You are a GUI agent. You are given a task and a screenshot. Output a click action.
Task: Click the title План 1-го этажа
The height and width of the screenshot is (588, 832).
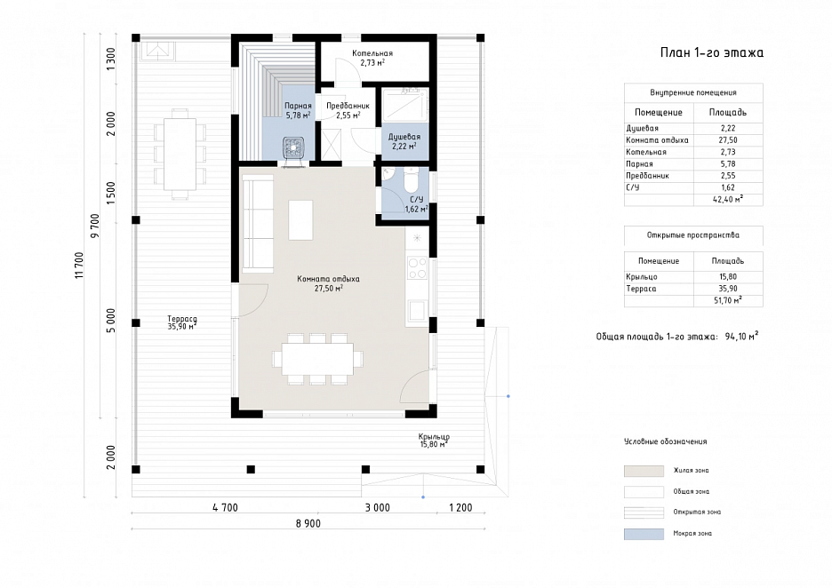(711, 52)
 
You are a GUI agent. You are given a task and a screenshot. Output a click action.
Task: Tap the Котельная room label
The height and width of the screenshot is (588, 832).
(372, 53)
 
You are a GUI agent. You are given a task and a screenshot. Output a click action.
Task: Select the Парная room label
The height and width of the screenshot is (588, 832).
(298, 106)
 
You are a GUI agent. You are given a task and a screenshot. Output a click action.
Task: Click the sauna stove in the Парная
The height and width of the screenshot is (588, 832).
(294, 147)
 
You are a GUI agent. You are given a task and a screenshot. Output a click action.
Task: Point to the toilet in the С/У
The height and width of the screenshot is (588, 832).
(412, 180)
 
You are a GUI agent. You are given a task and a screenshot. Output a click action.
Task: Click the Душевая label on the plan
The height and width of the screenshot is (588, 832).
(404, 137)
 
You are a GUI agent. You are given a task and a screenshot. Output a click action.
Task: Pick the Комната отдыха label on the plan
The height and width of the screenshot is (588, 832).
(329, 279)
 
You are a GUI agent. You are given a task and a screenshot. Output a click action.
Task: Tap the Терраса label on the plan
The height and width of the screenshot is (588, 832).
(182, 319)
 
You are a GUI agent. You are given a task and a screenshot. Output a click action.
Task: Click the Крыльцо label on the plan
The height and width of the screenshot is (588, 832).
(434, 437)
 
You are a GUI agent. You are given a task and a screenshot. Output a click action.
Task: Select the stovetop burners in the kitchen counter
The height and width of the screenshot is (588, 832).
(417, 267)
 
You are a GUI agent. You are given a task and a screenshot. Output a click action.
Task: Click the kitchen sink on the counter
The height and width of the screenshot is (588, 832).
(418, 311)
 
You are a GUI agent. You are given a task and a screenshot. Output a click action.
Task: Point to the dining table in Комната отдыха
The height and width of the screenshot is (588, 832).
(318, 359)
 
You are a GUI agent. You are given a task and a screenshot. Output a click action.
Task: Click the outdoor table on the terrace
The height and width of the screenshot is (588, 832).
(180, 155)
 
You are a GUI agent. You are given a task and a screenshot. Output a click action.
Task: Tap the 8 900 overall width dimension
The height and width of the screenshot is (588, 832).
(308, 523)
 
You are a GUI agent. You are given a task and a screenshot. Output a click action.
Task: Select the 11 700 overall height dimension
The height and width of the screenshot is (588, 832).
(80, 265)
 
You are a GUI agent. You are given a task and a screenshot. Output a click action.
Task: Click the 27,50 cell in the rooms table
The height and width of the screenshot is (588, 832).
(728, 140)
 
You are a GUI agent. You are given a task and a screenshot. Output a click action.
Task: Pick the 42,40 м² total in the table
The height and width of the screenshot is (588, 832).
(728, 199)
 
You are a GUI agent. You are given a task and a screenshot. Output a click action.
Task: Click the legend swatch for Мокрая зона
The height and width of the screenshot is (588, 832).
(644, 534)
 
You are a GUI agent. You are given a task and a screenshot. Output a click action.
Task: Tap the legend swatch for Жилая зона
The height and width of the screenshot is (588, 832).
(644, 471)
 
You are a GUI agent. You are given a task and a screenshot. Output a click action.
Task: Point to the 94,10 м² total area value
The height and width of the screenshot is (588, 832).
(742, 336)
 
